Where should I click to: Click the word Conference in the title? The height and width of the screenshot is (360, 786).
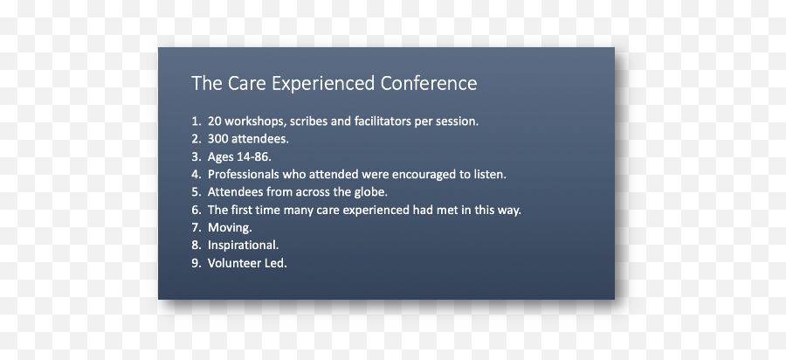coord(429,84)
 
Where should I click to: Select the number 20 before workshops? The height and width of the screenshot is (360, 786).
coord(215,121)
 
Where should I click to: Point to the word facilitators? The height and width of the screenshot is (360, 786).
coord(377,121)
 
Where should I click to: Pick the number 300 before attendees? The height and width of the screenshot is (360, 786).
coord(218,138)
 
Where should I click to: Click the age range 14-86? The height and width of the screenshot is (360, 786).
coord(253,156)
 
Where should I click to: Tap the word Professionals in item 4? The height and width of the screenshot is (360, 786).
coord(244,174)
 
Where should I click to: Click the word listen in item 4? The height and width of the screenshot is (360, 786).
coord(488,174)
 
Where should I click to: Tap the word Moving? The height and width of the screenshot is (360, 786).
coord(229,227)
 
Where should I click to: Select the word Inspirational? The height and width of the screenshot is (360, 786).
coord(242,245)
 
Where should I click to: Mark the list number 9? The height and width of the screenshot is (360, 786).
coord(195,263)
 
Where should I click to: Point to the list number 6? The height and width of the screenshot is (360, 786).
coord(195,210)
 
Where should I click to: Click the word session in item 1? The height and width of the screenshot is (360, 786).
coord(456,121)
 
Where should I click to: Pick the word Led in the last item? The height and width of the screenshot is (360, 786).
coord(275,263)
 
